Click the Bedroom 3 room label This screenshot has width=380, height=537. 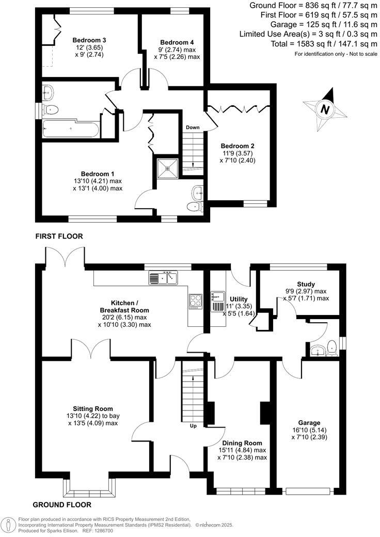pyautogui.click(x=89, y=40)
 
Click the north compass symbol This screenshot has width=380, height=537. pyautogui.click(x=324, y=109)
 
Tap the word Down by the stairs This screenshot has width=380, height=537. pyautogui.click(x=193, y=128)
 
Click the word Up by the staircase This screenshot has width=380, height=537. pyautogui.click(x=193, y=427)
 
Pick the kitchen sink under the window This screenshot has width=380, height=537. pyautogui.click(x=163, y=279)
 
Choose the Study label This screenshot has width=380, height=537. pyautogui.click(x=306, y=285)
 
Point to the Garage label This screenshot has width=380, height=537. pyautogui.click(x=309, y=422)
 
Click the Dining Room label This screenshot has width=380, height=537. pyautogui.click(x=242, y=443)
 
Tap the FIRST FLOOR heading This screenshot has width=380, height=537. pyautogui.click(x=59, y=236)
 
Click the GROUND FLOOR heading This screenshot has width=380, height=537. pyautogui.click(x=62, y=505)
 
